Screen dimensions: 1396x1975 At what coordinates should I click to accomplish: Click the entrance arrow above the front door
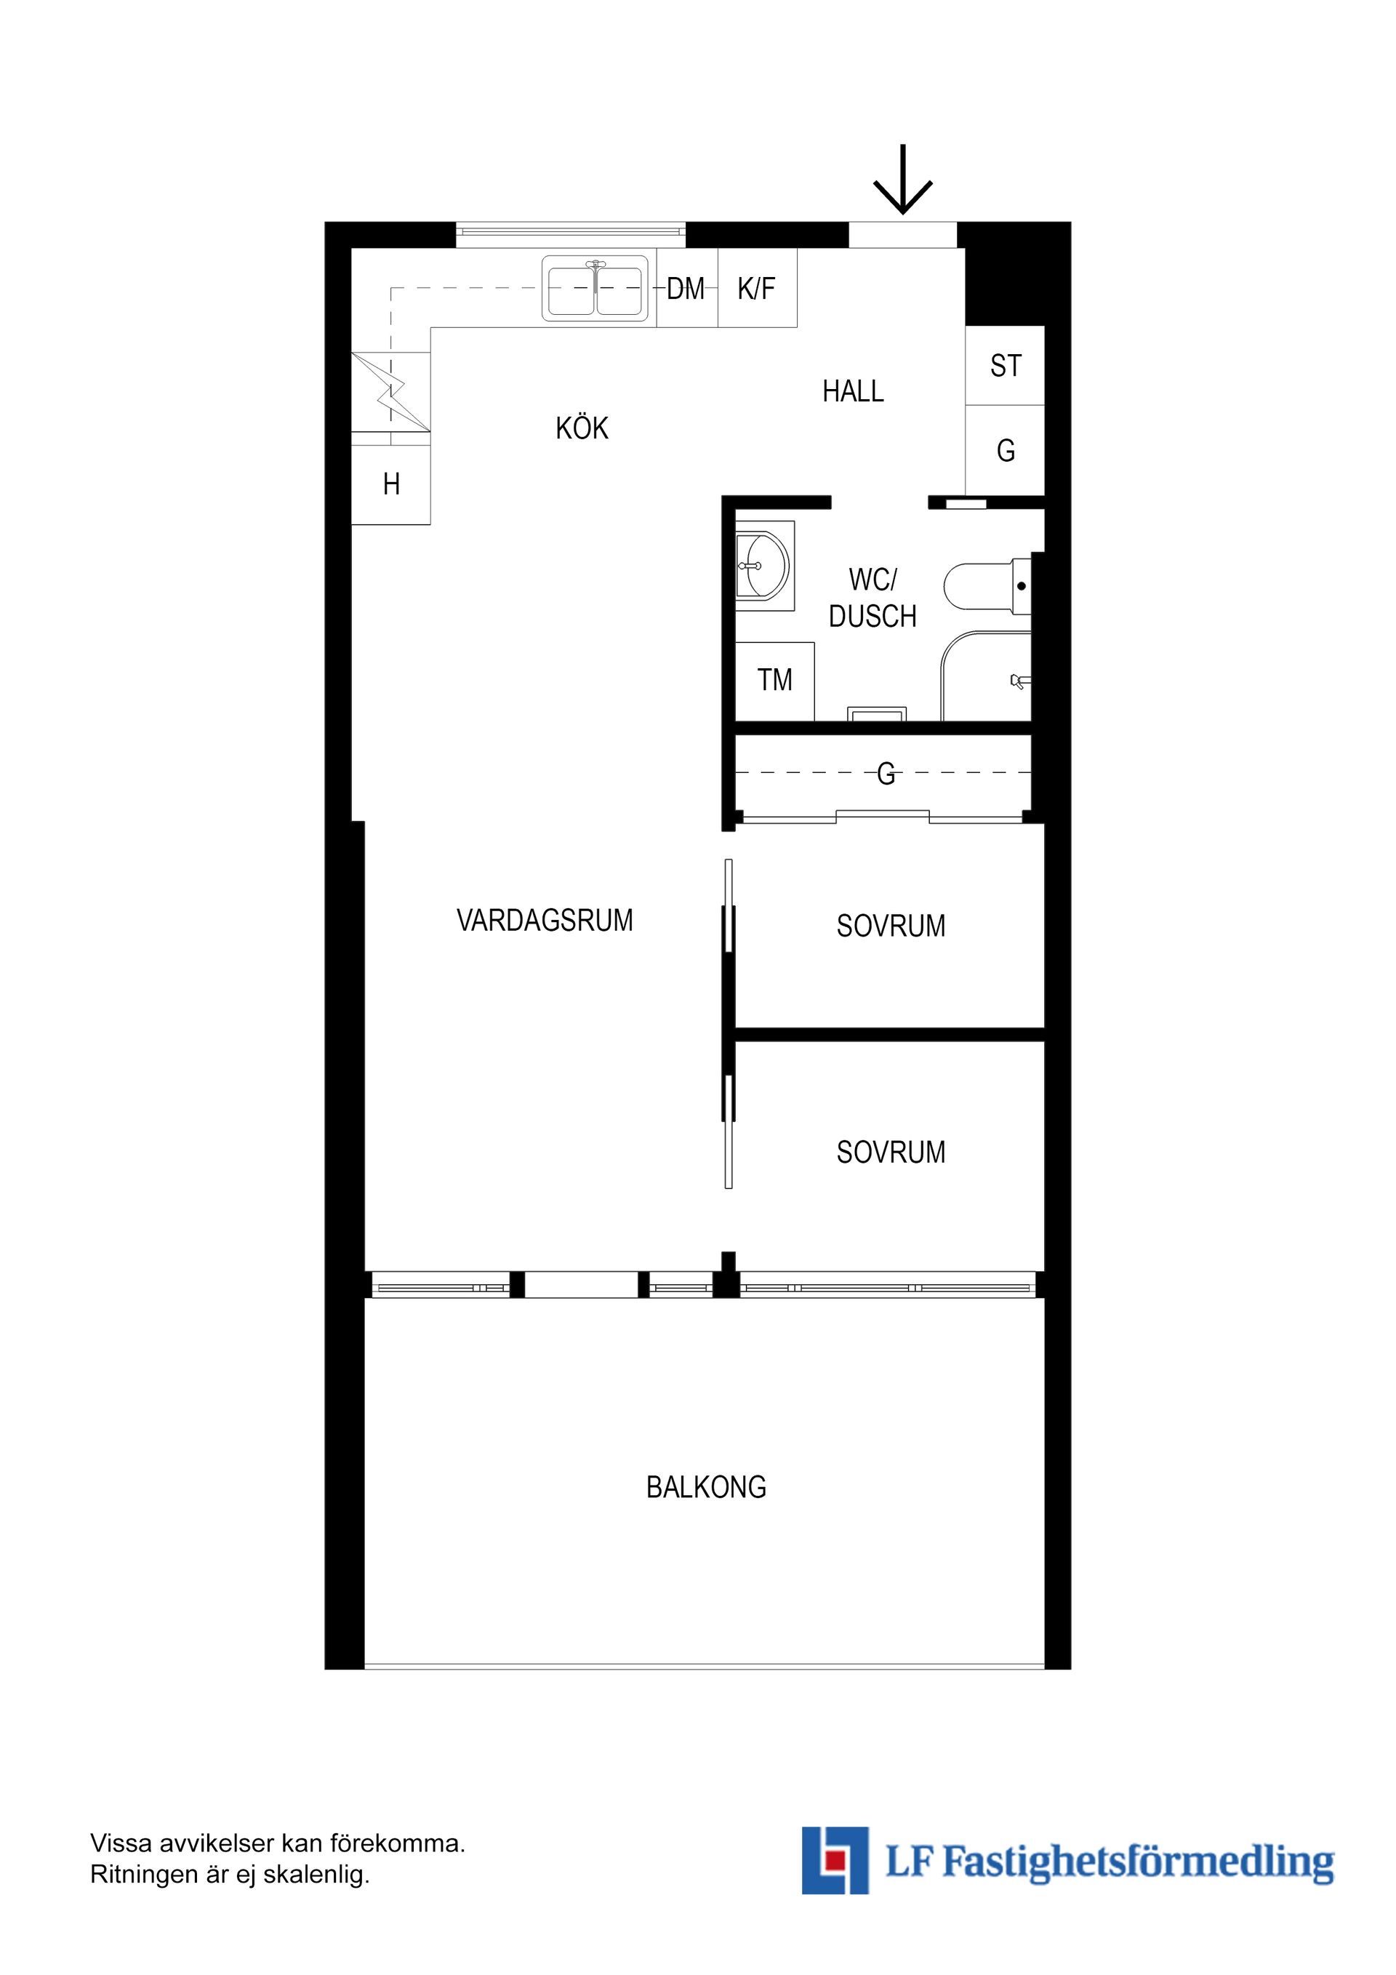(x=902, y=179)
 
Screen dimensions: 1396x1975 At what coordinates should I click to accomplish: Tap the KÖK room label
(x=582, y=428)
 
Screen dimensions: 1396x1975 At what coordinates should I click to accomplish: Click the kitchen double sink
(x=595, y=288)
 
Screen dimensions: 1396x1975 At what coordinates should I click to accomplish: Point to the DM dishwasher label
(x=686, y=289)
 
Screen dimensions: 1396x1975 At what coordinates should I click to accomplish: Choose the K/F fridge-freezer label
(x=756, y=289)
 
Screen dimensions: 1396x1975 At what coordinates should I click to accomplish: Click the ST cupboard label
(x=1006, y=366)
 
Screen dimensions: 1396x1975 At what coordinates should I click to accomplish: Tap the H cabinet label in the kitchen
(x=391, y=485)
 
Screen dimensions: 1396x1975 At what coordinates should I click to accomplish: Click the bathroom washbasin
(x=763, y=566)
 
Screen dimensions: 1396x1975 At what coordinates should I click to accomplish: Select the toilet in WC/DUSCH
(x=987, y=587)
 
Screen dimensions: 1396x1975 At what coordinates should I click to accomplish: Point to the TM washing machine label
(x=774, y=681)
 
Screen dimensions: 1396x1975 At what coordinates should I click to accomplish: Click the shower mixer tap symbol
(x=1020, y=682)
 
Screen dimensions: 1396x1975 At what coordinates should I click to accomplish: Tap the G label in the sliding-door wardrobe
(x=886, y=774)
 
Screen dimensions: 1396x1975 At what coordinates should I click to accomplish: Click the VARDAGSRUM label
(x=545, y=921)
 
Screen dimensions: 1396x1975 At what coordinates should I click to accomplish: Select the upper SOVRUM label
(x=891, y=926)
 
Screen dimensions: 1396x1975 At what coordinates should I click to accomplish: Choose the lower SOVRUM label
(x=891, y=1152)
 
